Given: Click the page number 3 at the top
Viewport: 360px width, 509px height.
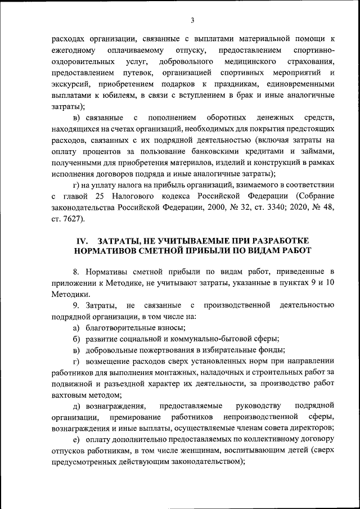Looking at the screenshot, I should (192, 20).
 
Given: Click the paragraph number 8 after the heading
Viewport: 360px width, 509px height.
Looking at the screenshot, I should (75, 273).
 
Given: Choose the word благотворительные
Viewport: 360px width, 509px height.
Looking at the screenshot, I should (122, 328).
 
